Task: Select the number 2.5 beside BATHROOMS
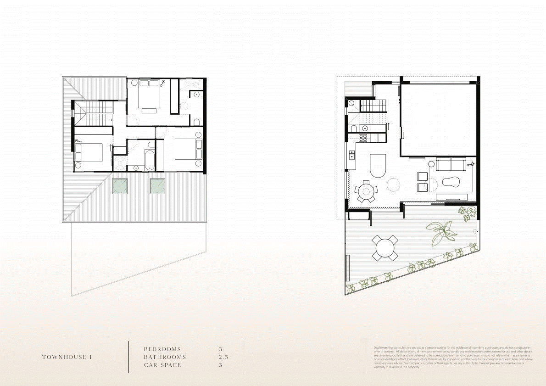click(223, 357)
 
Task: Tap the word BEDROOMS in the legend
click(162, 349)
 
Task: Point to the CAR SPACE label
click(162, 365)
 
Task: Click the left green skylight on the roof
click(121, 185)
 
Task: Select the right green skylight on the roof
click(157, 185)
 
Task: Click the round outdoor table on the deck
click(385, 248)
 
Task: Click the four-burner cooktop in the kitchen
click(362, 137)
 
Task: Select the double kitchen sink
click(352, 155)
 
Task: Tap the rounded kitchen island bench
click(379, 165)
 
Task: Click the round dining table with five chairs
click(366, 190)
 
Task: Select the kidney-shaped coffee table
click(451, 182)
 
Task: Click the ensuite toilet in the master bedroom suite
click(196, 122)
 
